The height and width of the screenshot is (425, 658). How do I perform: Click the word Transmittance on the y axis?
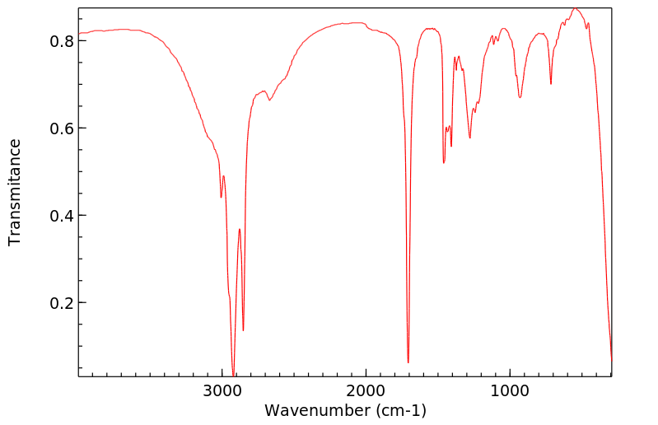15,192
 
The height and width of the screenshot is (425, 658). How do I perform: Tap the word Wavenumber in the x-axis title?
317,409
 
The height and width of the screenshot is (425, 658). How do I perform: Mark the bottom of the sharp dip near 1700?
408,362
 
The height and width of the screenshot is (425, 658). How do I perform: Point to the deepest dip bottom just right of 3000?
234,376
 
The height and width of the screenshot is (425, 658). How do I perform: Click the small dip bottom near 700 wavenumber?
551,84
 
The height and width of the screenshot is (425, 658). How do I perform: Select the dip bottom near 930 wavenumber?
520,98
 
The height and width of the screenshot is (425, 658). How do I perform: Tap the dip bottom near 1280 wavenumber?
470,138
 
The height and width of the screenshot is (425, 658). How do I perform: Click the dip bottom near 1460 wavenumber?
444,163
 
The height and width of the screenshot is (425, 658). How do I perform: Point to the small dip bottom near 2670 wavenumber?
269,100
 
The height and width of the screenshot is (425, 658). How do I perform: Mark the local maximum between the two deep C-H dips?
240,229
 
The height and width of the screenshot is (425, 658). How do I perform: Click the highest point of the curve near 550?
576,8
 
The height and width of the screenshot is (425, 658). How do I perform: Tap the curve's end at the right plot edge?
611,361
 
